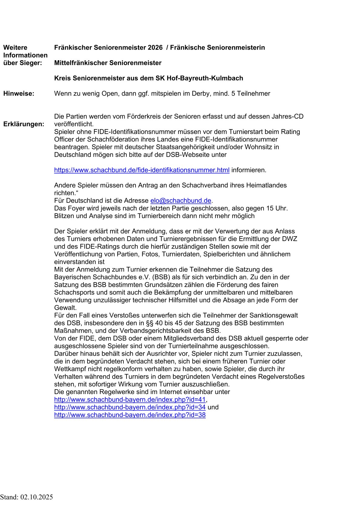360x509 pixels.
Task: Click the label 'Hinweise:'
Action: click(19, 93)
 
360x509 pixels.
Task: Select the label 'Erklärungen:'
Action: click(24, 124)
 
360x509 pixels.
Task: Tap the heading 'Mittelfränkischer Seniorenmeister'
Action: click(108, 63)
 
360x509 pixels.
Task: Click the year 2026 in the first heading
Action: click(155, 47)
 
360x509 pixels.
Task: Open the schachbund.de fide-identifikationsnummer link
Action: click(142, 170)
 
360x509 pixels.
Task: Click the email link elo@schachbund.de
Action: click(181, 201)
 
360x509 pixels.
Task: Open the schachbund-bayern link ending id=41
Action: click(130, 400)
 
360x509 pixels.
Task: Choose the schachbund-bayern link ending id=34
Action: click(130, 407)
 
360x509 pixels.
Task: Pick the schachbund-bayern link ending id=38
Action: click(130, 415)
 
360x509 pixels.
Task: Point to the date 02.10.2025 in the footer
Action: click(37, 497)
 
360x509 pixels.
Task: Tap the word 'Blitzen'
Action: click(64, 216)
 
